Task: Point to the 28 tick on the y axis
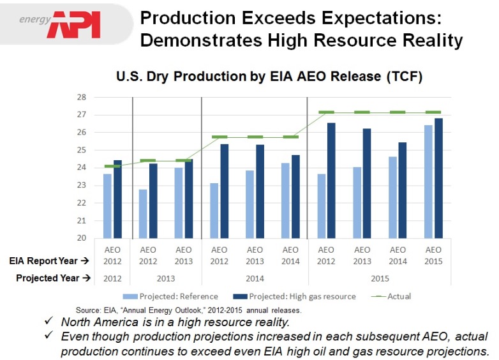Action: (82, 98)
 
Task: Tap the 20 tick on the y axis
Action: (82, 238)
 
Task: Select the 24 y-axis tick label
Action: (82, 168)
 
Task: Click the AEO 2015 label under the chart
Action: (433, 255)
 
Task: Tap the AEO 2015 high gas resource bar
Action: (438, 178)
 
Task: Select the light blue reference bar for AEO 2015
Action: (429, 181)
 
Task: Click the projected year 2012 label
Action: (112, 278)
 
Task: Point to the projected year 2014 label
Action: (255, 278)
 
